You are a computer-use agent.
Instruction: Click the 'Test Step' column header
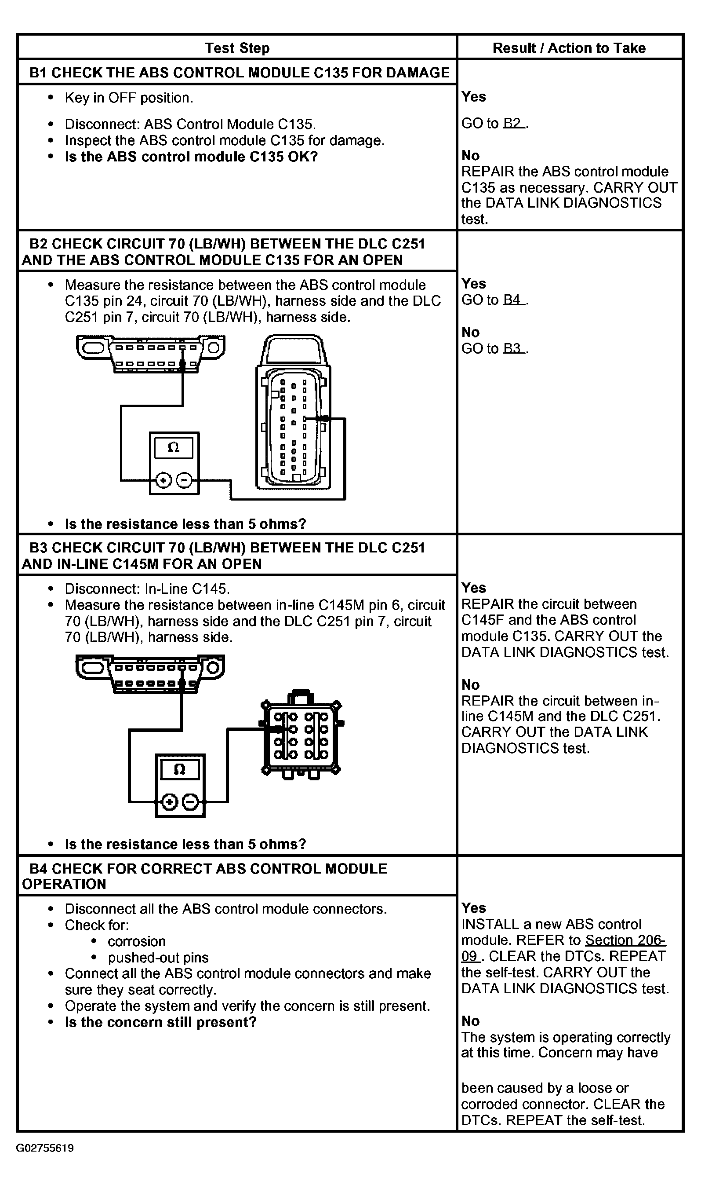(237, 48)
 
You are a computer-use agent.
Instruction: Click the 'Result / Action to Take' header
(569, 48)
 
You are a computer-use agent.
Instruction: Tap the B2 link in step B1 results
(512, 123)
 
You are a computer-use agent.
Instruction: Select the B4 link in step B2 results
(512, 300)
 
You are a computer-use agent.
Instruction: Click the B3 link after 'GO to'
(512, 348)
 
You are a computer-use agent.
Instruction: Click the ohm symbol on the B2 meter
(174, 447)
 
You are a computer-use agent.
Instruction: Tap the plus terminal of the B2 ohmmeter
(163, 481)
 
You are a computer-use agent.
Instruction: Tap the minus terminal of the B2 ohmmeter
(184, 481)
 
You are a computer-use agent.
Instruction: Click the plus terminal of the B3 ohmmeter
(169, 802)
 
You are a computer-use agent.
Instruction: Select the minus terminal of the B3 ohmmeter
(190, 802)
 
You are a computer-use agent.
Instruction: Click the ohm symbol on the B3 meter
(179, 769)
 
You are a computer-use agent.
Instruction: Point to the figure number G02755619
(45, 1148)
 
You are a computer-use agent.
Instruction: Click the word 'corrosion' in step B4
(137, 941)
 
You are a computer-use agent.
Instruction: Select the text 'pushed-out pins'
(158, 957)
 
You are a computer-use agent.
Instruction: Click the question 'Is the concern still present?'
(160, 1022)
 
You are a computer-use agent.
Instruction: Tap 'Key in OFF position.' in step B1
(129, 98)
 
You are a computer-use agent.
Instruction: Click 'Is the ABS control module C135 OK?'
(191, 157)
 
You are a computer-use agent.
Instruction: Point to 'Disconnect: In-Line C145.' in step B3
(147, 589)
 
